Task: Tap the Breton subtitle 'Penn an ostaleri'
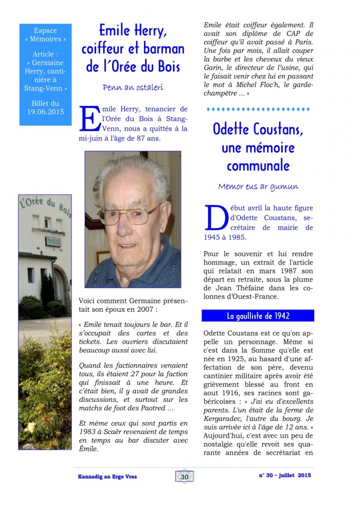(x=133, y=87)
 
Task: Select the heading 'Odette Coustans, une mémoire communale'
(x=258, y=148)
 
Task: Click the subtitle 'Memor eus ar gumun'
(x=258, y=186)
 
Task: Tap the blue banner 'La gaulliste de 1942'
(x=258, y=315)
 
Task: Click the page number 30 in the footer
(x=185, y=477)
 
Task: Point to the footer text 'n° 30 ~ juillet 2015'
(x=285, y=476)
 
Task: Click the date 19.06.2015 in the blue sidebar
(x=45, y=111)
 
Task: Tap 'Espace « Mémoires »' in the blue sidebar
(x=45, y=34)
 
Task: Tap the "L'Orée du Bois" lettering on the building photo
(x=46, y=204)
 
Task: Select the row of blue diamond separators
(x=258, y=109)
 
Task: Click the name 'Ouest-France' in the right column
(x=276, y=296)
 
